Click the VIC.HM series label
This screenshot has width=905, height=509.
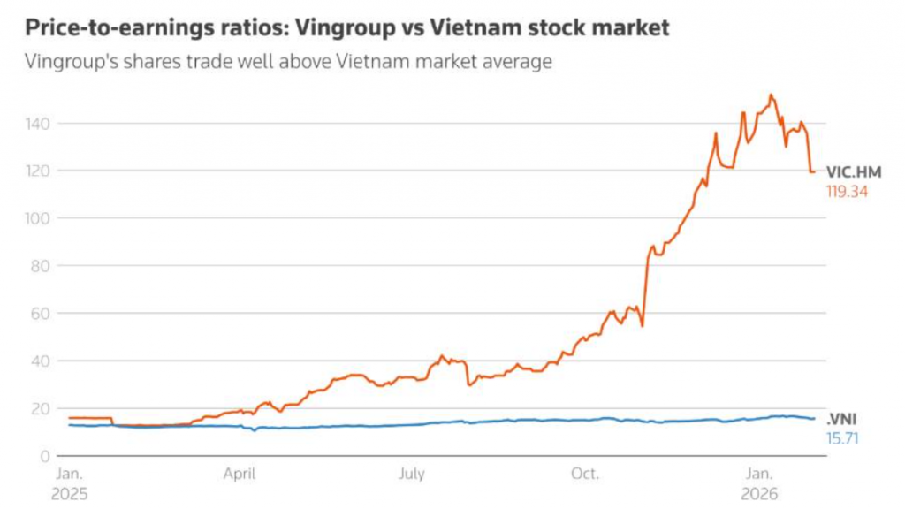coord(854,171)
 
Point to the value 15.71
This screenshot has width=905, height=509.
coord(842,437)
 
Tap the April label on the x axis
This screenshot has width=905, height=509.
coord(240,475)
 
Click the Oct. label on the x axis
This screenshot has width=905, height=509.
coord(585,475)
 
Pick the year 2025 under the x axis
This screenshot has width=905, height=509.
coord(71,493)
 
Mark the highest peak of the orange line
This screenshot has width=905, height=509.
coord(771,95)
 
